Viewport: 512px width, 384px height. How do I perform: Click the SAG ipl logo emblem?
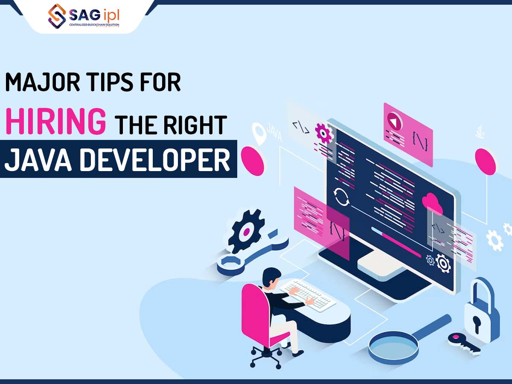pos(57,16)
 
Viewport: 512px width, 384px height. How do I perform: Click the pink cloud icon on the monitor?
pos(433,203)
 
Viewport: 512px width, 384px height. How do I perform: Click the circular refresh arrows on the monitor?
pos(342,197)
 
